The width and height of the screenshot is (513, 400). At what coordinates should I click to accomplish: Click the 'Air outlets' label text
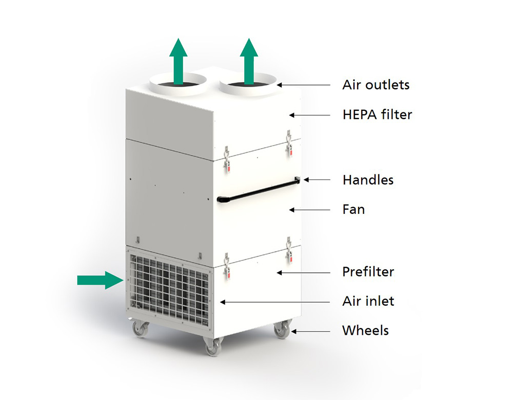point(376,85)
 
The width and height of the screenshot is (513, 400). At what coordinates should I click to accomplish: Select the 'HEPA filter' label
point(377,114)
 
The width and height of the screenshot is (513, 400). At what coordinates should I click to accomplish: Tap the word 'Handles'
point(368,180)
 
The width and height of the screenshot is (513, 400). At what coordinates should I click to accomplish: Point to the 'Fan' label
point(353,209)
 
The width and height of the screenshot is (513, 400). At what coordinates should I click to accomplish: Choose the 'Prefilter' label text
point(368,272)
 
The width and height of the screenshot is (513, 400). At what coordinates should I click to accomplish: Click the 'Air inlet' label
point(368,301)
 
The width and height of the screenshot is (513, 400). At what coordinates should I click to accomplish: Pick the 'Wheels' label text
point(365,331)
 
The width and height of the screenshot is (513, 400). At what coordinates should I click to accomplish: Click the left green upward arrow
point(179,62)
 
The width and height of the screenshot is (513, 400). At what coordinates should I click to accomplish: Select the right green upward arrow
point(249,62)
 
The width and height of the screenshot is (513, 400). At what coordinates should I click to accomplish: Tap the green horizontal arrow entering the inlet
point(100,281)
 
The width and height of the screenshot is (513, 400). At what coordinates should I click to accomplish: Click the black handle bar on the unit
point(259,190)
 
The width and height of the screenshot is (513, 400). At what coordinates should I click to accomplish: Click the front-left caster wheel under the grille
point(141,329)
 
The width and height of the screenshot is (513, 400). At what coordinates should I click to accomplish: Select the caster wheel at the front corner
point(213,347)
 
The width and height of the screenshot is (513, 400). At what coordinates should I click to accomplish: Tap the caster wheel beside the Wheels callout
point(282,330)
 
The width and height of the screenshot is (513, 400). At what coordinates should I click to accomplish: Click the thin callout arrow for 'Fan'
point(310,210)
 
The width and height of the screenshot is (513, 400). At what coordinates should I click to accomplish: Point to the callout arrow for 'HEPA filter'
point(310,115)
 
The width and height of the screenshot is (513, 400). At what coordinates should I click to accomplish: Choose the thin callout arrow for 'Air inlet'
point(275,302)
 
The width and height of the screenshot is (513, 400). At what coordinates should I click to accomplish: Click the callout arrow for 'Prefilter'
point(304,272)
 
